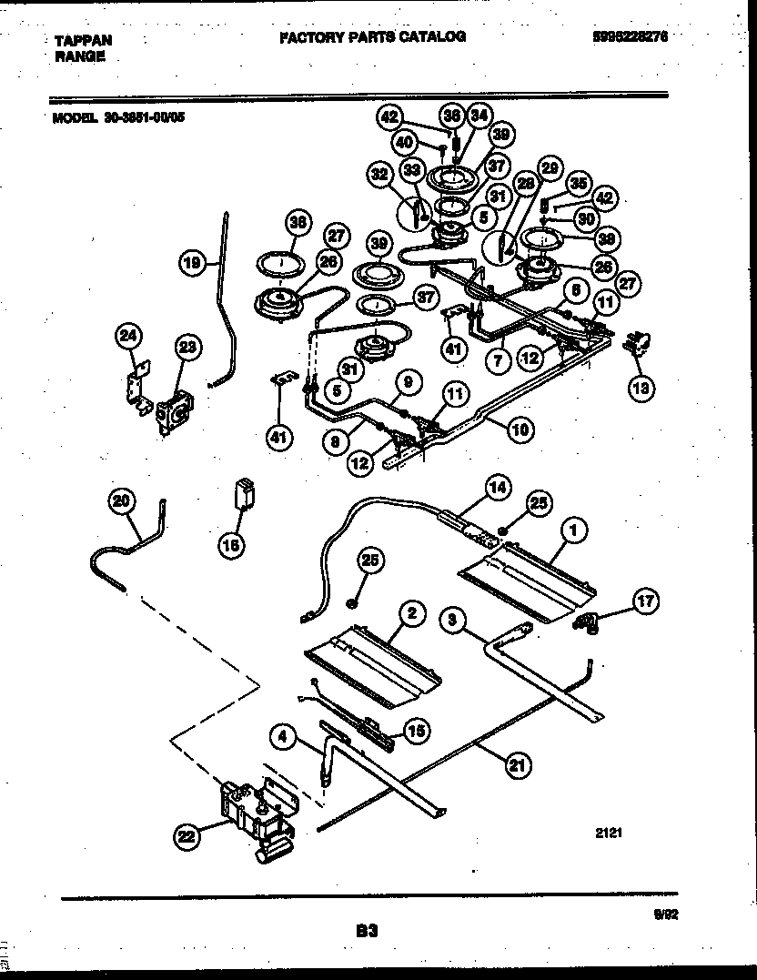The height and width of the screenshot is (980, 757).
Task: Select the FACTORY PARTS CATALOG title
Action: coord(372,37)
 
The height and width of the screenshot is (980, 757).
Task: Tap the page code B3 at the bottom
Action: coord(366,931)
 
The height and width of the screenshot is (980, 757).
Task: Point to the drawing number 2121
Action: coord(610,831)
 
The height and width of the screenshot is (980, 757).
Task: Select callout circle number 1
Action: coord(573,528)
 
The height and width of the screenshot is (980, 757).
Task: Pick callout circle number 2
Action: coord(411,615)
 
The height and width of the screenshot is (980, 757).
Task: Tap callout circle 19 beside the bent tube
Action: coord(190,264)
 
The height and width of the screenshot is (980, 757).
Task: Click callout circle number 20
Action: coord(122,500)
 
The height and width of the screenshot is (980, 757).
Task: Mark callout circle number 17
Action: coord(647,601)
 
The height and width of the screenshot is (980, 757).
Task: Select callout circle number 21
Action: coord(516,765)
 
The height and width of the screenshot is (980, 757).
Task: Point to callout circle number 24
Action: coord(129,338)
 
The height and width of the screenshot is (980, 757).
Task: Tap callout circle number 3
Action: coord(453,621)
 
